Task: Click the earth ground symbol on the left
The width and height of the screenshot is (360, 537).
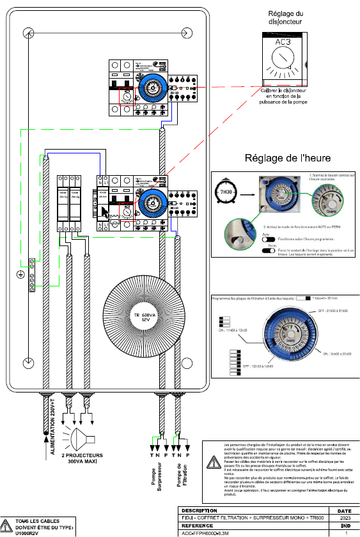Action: pyautogui.click(x=20, y=274)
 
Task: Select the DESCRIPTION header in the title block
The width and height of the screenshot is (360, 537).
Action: pyautogui.click(x=200, y=511)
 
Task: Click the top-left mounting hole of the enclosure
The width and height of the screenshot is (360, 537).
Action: pyautogui.click(x=26, y=33)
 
